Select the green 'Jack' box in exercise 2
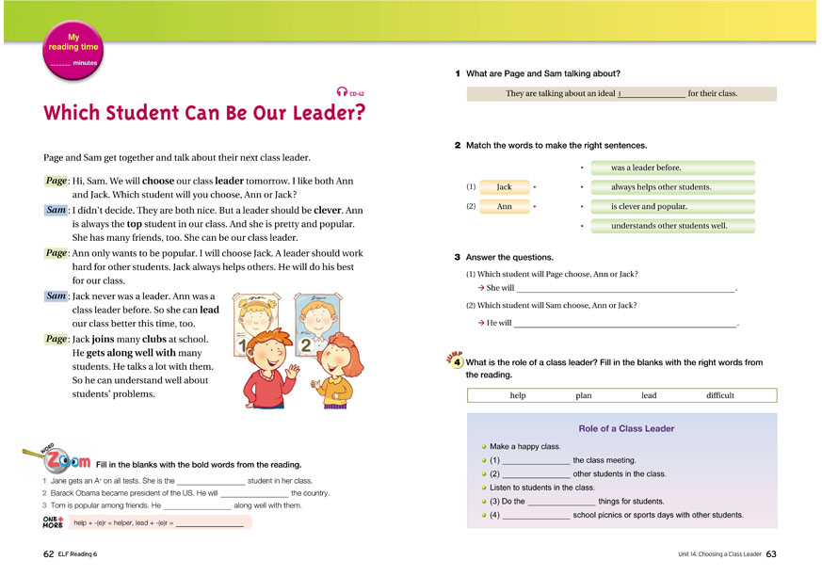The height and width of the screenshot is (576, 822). click(504, 187)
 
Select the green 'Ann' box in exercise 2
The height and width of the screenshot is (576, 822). click(504, 206)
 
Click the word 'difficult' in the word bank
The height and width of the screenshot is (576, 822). click(719, 395)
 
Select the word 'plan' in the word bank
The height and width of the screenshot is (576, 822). click(584, 395)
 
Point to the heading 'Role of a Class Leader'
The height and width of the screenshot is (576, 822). click(626, 428)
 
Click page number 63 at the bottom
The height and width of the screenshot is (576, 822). click(771, 553)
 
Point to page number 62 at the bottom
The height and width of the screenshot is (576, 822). click(49, 553)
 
